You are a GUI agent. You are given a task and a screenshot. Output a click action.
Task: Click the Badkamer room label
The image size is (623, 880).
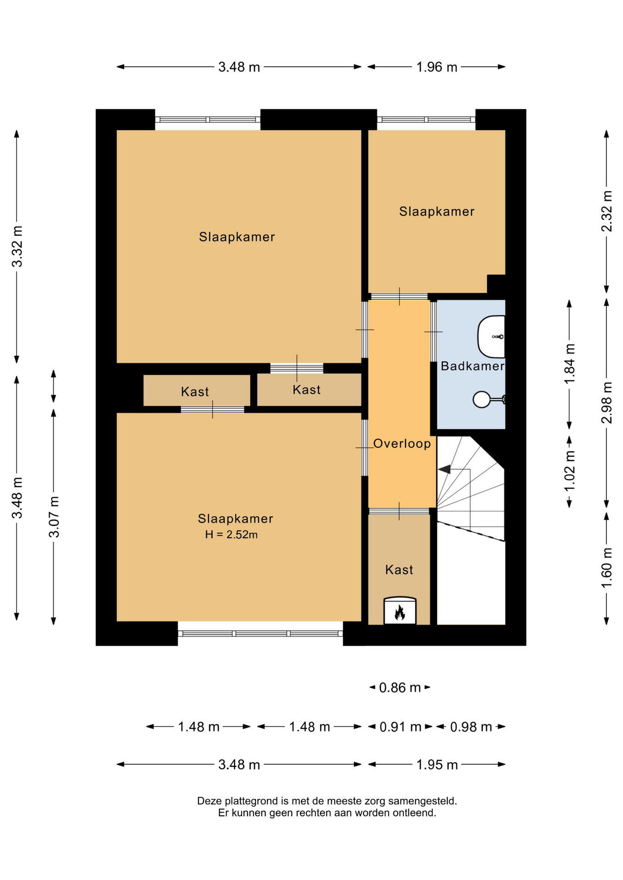(x=473, y=366)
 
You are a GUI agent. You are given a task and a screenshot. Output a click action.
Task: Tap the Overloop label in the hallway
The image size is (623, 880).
(x=402, y=444)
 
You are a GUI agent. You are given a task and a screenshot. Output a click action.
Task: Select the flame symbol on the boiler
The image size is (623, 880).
(x=400, y=613)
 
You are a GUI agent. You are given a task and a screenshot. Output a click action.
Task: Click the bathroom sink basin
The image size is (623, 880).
(x=491, y=336)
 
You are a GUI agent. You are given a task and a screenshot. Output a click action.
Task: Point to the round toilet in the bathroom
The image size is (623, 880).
(x=482, y=399)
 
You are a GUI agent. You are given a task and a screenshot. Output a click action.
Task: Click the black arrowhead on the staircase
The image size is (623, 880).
(x=444, y=469)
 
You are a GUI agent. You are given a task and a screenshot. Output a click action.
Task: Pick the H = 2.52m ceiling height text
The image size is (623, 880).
(x=231, y=534)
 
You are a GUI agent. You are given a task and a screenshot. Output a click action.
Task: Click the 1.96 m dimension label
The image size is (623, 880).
(x=437, y=67)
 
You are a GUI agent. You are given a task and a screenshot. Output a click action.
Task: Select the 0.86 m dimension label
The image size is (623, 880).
(x=400, y=687)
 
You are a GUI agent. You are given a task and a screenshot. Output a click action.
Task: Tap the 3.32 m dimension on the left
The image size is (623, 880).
(x=17, y=247)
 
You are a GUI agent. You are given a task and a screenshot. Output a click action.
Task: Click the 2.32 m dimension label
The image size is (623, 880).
(x=607, y=211)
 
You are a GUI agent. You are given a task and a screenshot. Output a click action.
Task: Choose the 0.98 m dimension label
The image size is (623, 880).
(x=471, y=727)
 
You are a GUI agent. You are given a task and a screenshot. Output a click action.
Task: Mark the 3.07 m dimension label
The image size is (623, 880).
(x=54, y=517)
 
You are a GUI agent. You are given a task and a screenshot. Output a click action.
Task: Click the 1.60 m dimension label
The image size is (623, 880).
(x=607, y=568)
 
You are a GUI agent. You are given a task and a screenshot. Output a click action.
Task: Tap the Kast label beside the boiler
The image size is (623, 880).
(x=399, y=570)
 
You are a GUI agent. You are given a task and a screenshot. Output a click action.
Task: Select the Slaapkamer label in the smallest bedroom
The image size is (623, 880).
(x=437, y=211)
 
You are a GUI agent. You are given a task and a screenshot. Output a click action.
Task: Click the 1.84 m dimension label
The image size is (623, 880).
(x=570, y=364)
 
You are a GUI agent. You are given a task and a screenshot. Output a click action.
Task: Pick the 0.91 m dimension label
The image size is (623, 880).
(x=400, y=727)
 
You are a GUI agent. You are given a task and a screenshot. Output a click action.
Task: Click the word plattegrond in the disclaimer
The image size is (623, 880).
(x=252, y=801)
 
